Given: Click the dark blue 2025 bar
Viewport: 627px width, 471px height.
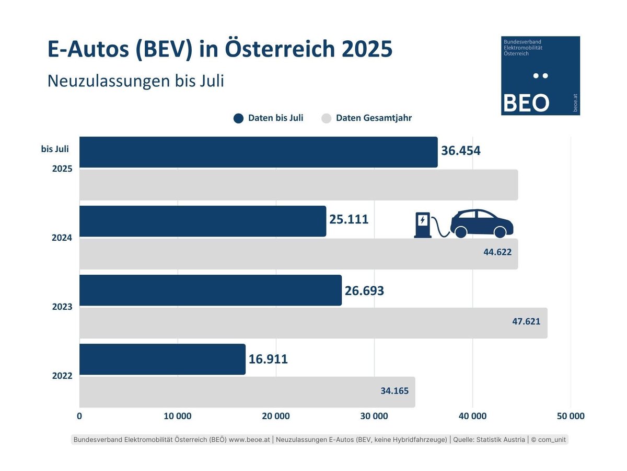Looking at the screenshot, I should [258, 152].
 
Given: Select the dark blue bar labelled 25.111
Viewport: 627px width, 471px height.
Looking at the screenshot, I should [203, 221].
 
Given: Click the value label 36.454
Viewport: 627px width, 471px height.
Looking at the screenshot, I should [460, 151].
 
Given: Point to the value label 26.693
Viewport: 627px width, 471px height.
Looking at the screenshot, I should [364, 290].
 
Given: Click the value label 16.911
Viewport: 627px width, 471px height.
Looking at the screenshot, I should [268, 360].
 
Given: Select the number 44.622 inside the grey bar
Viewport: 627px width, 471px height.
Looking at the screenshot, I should [497, 252].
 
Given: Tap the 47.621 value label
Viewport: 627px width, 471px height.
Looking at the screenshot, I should [526, 321].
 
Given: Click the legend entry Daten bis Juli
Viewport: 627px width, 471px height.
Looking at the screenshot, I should [269, 118].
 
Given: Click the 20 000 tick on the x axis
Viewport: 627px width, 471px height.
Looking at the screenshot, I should [275, 417].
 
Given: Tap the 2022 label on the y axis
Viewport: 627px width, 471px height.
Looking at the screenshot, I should [62, 376].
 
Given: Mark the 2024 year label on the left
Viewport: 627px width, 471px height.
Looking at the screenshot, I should [62, 238].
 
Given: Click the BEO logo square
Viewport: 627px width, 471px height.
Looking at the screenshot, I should [540, 76].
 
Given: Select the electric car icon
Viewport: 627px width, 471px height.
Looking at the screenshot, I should [481, 224].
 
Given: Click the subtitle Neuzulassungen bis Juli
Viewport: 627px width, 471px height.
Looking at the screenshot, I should [135, 81].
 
